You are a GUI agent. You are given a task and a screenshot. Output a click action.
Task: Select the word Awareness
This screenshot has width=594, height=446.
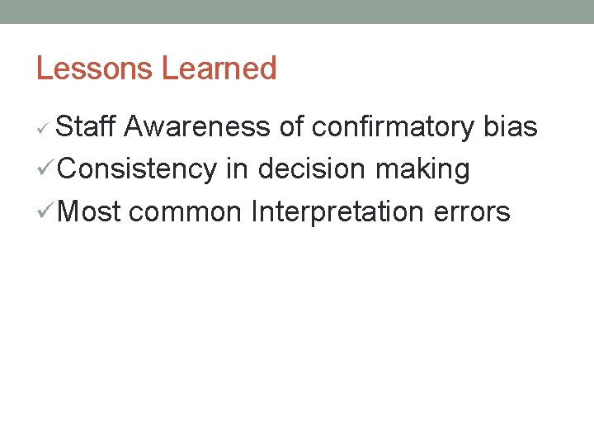[198, 127]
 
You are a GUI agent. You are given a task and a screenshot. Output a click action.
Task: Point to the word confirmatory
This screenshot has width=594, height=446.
[392, 127]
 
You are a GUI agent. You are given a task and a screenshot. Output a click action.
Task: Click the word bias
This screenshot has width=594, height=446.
[511, 127]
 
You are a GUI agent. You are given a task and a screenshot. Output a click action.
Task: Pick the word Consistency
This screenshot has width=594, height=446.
[137, 169]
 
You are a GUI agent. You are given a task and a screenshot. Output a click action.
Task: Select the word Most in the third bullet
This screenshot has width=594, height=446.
[90, 211]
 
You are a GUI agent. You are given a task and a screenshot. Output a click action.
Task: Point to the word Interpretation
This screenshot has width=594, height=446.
[339, 211]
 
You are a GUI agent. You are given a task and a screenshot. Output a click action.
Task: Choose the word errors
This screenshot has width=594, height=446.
[473, 211]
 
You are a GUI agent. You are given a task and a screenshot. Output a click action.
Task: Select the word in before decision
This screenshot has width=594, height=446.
[237, 169]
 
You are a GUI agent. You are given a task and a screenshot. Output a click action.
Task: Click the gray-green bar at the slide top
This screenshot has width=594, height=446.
[297, 12]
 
